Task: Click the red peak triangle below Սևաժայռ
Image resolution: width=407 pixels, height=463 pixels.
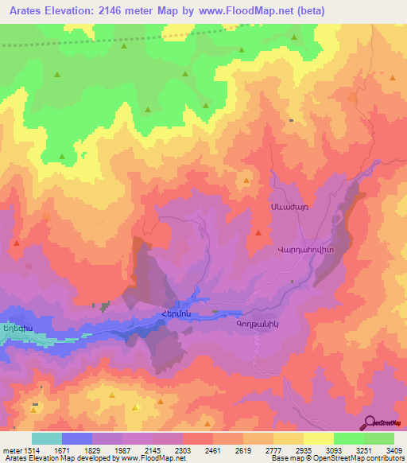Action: pos(258,232)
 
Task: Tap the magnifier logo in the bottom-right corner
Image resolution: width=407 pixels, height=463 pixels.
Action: pos(370,422)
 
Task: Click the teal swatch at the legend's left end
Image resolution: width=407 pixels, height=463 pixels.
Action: pos(47,438)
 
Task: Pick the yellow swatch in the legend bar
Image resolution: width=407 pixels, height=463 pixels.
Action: pos(319,438)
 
